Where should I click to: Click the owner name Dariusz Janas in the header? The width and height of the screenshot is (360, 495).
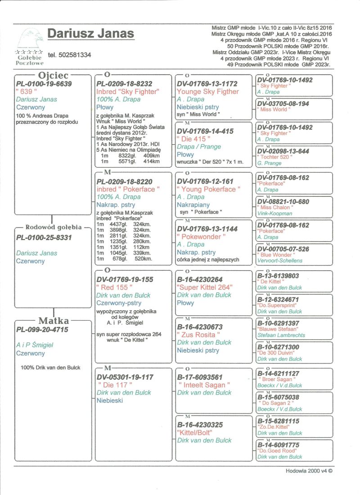pyautogui.click(x=90, y=34)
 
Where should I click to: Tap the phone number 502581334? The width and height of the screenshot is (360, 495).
pyautogui.click(x=69, y=55)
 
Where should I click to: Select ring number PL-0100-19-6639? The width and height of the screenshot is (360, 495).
pyautogui.click(x=44, y=84)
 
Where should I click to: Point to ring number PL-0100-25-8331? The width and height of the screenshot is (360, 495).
pyautogui.click(x=44, y=237)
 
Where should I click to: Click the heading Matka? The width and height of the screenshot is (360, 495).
pyautogui.click(x=54, y=321)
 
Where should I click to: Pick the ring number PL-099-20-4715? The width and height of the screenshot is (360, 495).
pyautogui.click(x=42, y=330)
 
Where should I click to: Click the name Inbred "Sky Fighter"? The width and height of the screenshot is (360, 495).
pyautogui.click(x=128, y=91)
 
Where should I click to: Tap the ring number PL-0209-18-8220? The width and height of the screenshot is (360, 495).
pyautogui.click(x=124, y=182)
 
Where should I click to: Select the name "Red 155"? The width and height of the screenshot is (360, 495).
pyautogui.click(x=115, y=287)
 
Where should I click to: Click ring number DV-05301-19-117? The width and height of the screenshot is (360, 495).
pyautogui.click(x=125, y=377)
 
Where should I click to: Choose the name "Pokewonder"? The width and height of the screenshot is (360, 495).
pyautogui.click(x=198, y=236)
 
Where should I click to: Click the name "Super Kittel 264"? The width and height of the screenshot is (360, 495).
pyautogui.click(x=205, y=287)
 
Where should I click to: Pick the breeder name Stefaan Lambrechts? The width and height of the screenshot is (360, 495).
pyautogui.click(x=281, y=335)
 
